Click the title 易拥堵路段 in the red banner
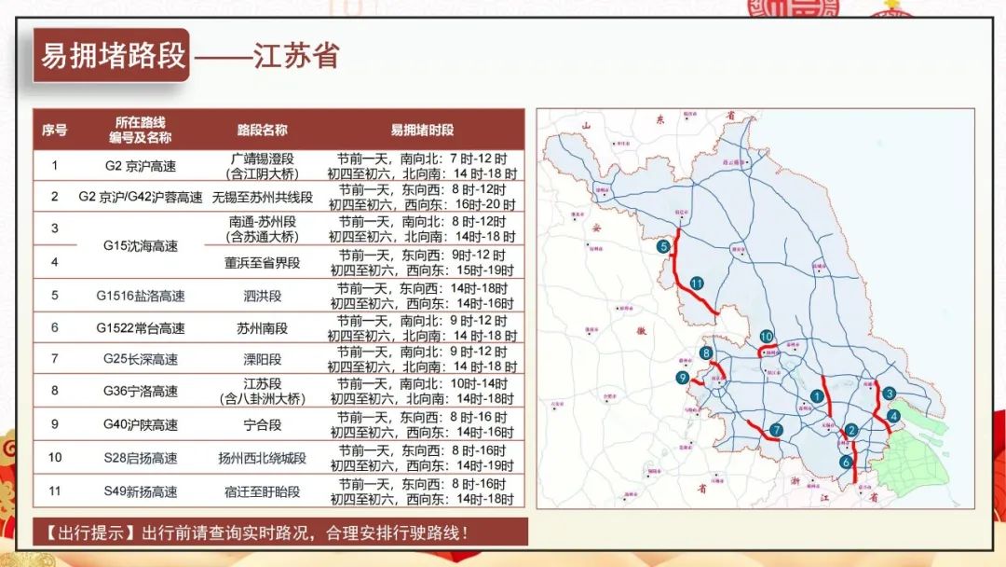click(113, 55)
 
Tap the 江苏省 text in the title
click(295, 55)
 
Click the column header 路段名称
click(262, 131)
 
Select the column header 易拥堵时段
click(422, 131)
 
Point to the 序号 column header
click(54, 131)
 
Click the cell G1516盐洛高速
click(141, 296)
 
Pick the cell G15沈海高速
click(141, 246)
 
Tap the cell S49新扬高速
click(141, 491)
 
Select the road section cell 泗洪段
click(262, 296)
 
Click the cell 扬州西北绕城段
click(262, 458)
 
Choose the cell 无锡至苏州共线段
click(262, 198)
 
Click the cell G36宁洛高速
click(141, 391)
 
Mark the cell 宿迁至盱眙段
click(262, 491)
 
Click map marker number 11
click(697, 283)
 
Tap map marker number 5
click(663, 247)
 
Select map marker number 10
click(767, 337)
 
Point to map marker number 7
click(776, 430)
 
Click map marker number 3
click(890, 393)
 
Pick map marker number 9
click(684, 378)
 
